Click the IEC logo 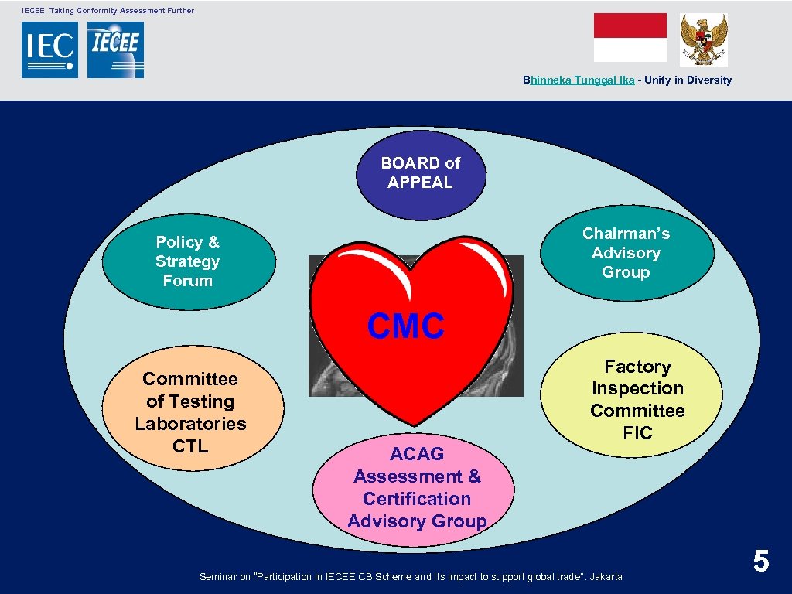pos(49,49)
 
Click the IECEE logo pos(115,49)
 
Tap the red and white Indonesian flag pos(630,37)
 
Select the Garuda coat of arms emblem pos(703,39)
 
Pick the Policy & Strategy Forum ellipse pos(188,261)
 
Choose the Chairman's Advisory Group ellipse pos(626,252)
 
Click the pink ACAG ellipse pos(416,487)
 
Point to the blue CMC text pos(406,326)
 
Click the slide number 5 pos(761,562)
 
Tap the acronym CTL pos(190,446)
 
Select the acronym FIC pos(637,433)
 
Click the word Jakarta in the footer pos(606,576)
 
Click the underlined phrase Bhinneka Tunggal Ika pos(579,80)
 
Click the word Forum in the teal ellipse pos(188,281)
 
